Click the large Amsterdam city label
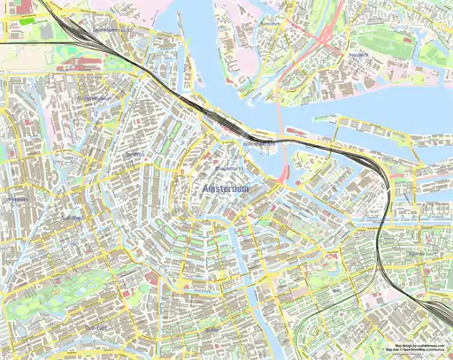(x=226, y=190)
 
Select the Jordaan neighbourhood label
(x=134, y=155)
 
